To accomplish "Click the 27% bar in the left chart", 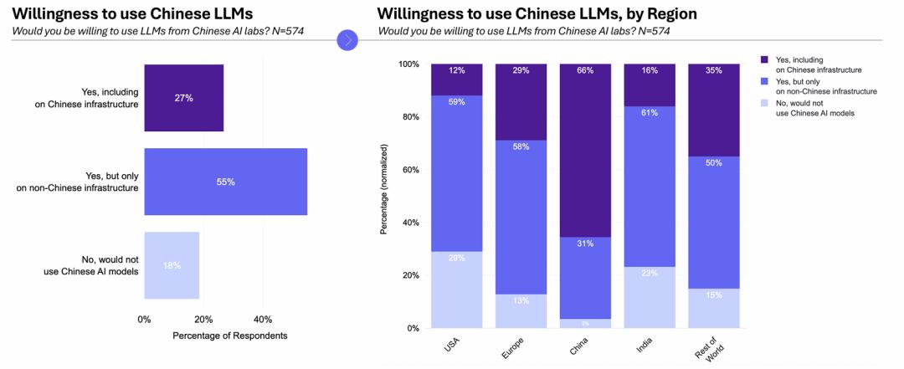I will click(183, 98).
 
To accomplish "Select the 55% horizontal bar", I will click(225, 182).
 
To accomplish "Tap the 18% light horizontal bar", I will click(172, 265).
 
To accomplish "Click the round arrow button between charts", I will click(347, 39).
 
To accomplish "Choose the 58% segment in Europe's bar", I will click(520, 217).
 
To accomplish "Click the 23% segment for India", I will click(649, 297).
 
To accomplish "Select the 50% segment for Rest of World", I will click(713, 223).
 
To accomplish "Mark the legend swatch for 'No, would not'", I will click(763, 101).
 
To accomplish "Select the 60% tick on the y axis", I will click(410, 170).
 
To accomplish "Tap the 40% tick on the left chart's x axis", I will click(262, 319).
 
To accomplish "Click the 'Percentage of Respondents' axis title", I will click(229, 336).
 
